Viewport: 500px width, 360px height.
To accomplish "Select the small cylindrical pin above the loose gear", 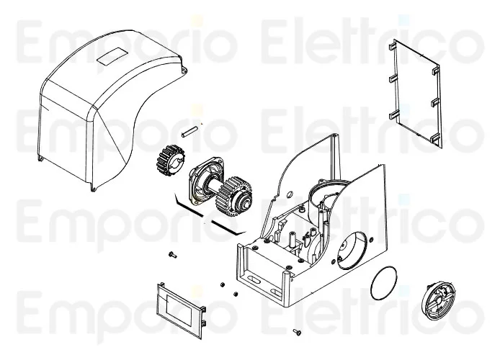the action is (x=190, y=132).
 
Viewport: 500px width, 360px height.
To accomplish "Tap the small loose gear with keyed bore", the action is (x=171, y=160).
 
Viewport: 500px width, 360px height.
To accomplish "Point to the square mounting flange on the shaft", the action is (x=203, y=181).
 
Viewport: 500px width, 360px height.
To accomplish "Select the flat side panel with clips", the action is (x=416, y=94).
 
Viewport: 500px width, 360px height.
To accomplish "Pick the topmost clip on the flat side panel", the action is (x=392, y=47).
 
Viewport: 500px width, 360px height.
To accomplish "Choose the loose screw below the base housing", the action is (x=298, y=333).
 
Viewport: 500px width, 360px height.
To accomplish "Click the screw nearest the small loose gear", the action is (x=172, y=255).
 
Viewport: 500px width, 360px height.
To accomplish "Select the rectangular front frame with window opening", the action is (x=181, y=310).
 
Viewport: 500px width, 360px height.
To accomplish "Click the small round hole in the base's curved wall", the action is (x=290, y=194).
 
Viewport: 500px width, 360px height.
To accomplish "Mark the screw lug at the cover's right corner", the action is (x=184, y=69).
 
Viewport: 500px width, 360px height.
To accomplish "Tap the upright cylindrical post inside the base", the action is (x=291, y=238).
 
